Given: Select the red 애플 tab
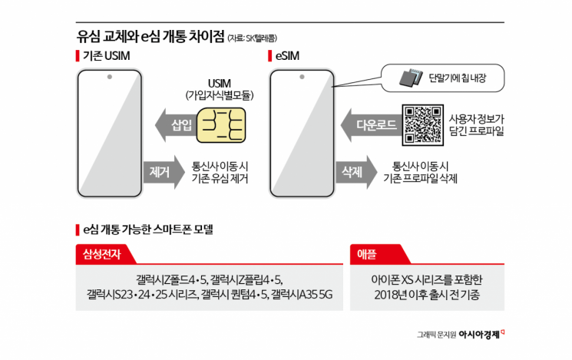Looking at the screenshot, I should (373, 255).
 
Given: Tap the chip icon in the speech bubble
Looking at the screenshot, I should (411, 77).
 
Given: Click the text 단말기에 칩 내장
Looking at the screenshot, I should (458, 77).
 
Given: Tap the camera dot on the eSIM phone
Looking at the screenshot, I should (302, 77).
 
